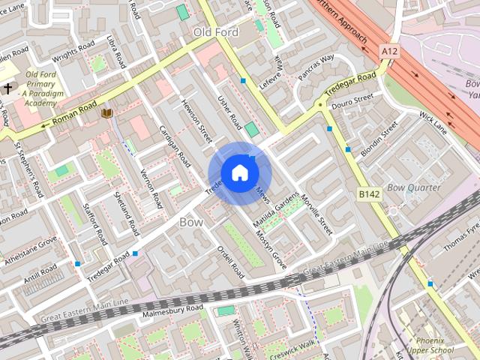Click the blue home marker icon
[x=239, y=172]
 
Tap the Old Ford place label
[x=215, y=32]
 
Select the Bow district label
[x=191, y=222]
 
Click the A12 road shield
[x=389, y=51]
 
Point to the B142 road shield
[x=368, y=194]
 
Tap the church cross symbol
[x=7, y=89]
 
